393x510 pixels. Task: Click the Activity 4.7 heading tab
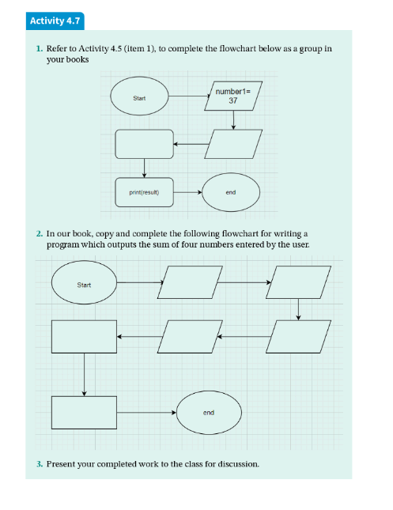tap(55, 21)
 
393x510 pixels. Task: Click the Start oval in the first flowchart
tap(140, 96)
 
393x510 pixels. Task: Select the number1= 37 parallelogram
tap(233, 96)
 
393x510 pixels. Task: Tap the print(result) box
tap(144, 192)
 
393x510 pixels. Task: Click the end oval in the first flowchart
tap(231, 192)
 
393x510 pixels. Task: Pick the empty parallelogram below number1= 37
tap(233, 144)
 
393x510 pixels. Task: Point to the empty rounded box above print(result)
tap(144, 144)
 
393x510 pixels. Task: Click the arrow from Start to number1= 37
tap(190, 96)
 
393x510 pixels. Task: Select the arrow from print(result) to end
tap(187, 192)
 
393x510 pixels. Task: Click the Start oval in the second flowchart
tap(84, 282)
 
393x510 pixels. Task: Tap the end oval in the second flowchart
tap(209, 413)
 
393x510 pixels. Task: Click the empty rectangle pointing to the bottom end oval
tap(84, 413)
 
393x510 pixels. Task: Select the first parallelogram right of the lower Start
tap(190, 282)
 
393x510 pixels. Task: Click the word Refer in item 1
tap(57, 48)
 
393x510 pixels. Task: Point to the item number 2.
tap(40, 234)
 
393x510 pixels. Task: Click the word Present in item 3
tap(61, 464)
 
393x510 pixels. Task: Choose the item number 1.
tap(40, 49)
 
